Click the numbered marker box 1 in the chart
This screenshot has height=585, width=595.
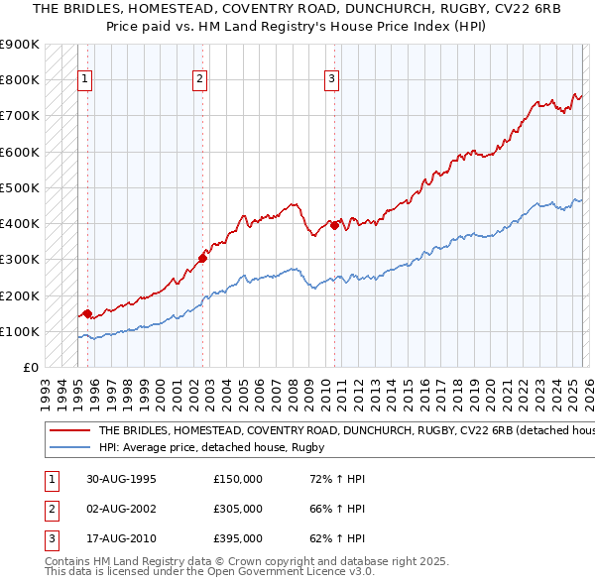(x=85, y=80)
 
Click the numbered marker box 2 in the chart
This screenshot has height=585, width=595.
(x=200, y=80)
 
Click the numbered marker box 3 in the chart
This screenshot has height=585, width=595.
(x=331, y=80)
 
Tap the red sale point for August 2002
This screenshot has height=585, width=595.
(x=202, y=258)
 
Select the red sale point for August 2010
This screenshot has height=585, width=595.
(x=335, y=225)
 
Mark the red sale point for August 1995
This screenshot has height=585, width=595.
(x=87, y=314)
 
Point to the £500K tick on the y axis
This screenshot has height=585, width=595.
(x=20, y=187)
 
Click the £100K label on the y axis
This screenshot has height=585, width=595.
(x=20, y=331)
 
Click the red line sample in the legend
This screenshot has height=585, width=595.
(x=69, y=431)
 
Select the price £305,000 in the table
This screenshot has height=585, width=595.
(x=238, y=509)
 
